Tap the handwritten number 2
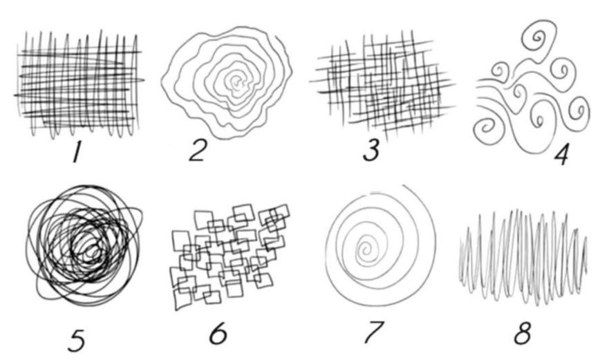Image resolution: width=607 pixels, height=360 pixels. coord(198,150)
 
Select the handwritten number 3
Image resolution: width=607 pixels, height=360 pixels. coord(371,150)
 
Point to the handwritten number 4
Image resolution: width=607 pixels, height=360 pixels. coord(561,155)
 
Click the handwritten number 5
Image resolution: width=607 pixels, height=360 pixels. coord(77,341)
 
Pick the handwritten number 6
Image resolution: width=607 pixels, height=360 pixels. coord(218,333)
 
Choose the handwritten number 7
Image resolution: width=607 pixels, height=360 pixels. coord(374,332)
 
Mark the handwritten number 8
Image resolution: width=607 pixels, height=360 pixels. coord(523,333)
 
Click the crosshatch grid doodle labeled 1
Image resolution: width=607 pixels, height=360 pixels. coord(79,84)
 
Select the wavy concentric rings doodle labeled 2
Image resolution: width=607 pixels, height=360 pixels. coord(227,82)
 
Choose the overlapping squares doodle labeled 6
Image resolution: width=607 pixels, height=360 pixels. coord(231,256)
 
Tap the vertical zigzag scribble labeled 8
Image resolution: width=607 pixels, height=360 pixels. coord(523,257)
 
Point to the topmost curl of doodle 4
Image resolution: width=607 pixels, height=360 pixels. coord(539,38)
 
